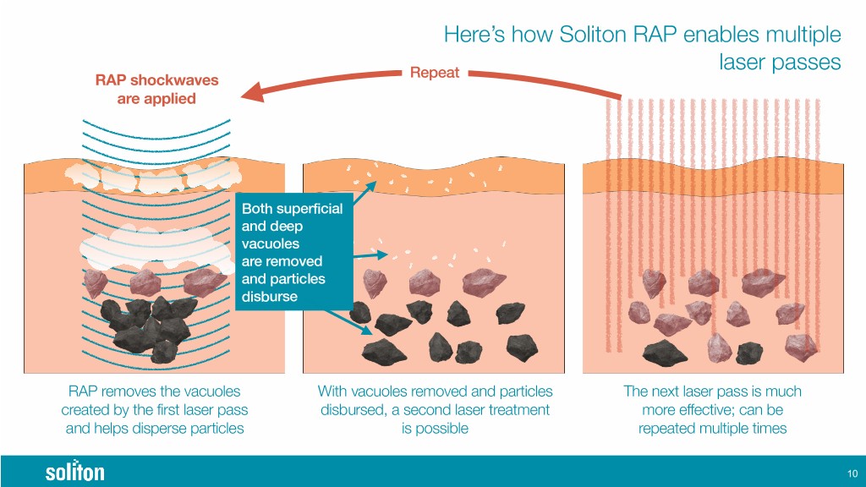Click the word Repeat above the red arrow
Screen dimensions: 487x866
click(x=434, y=73)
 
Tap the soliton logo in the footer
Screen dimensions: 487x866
click(x=74, y=471)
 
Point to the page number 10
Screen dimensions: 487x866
click(x=851, y=472)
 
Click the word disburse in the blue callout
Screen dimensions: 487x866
click(x=270, y=297)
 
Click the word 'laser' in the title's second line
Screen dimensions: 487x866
click(x=742, y=63)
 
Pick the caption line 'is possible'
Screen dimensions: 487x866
click(x=435, y=429)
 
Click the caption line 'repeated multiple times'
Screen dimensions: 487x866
click(x=711, y=429)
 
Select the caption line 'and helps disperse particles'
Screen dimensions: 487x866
click(x=155, y=429)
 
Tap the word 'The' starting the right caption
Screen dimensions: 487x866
click(x=636, y=392)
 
